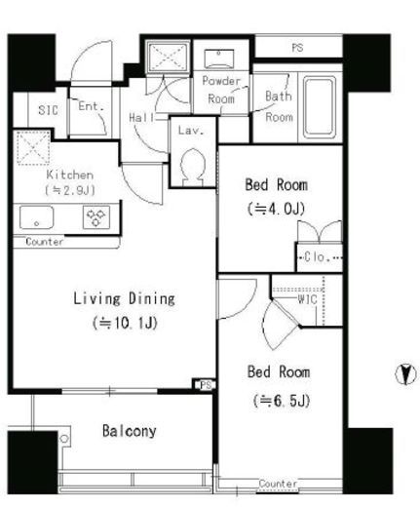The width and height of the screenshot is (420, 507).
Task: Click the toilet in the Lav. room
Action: click(x=193, y=168)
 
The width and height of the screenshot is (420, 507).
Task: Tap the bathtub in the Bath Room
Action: click(x=320, y=107)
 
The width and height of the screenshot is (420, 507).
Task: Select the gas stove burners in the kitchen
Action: click(x=96, y=217)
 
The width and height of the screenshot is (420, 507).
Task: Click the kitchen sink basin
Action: click(x=36, y=217)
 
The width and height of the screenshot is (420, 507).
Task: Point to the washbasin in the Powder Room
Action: click(x=219, y=58)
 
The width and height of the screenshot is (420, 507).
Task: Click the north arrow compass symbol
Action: click(x=405, y=374)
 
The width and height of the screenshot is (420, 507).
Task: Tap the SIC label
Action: click(x=48, y=110)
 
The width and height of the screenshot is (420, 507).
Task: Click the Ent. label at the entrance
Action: click(x=91, y=106)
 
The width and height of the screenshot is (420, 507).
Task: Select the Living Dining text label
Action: click(x=124, y=299)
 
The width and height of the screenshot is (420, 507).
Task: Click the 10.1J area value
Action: click(x=125, y=323)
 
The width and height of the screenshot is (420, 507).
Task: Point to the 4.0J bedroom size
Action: click(x=276, y=209)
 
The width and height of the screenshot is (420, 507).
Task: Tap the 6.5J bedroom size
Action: click(x=282, y=401)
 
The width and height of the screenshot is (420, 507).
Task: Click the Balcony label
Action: click(x=130, y=431)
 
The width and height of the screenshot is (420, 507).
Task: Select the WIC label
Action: click(x=307, y=299)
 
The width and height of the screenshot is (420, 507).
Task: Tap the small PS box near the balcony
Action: click(x=206, y=385)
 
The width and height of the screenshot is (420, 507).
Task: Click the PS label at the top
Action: click(x=297, y=48)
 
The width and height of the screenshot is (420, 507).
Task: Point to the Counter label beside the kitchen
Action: click(x=45, y=242)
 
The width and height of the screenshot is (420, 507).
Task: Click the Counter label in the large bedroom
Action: click(x=278, y=484)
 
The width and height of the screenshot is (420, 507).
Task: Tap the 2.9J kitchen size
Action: click(x=70, y=190)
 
